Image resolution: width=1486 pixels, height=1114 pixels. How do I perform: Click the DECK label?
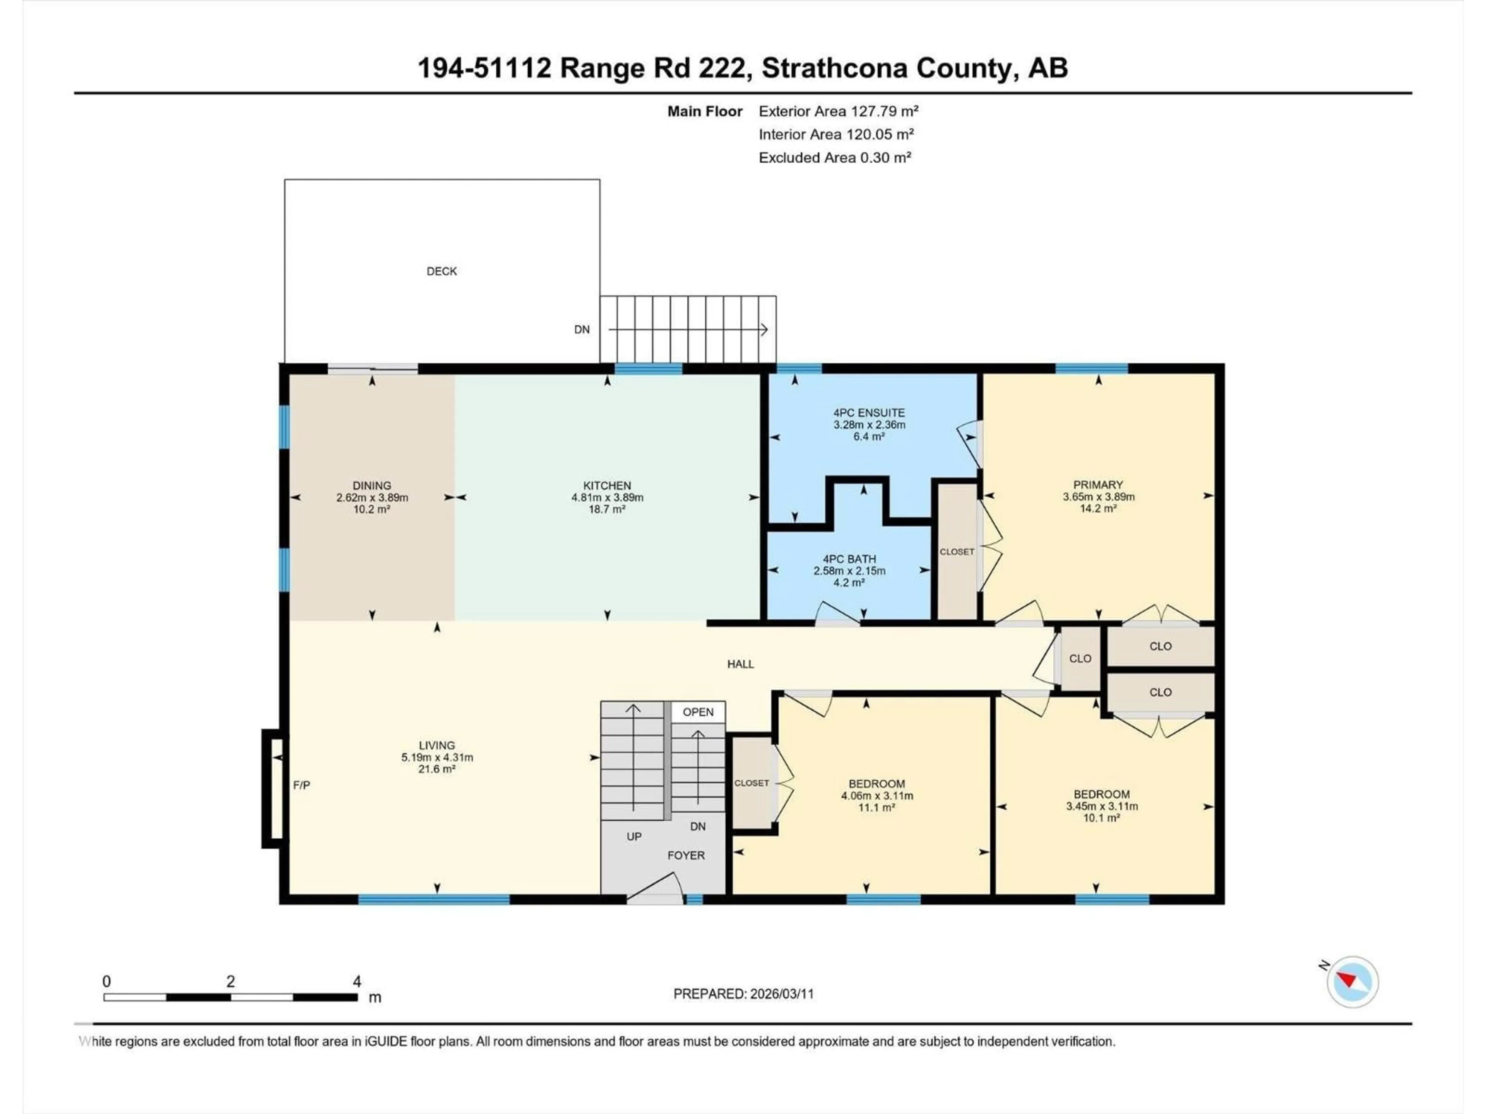pos(442,271)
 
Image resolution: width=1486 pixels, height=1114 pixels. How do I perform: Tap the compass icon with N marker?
pos(1352,982)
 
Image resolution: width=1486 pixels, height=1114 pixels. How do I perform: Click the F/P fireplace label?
pos(301,785)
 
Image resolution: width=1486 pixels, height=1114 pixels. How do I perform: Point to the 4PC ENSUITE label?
pos(869,413)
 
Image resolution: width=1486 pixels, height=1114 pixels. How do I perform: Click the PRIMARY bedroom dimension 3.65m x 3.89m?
pos(1098,497)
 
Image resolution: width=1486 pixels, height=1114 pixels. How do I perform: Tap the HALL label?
pos(740,664)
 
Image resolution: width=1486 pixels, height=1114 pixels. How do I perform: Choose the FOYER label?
pos(685,856)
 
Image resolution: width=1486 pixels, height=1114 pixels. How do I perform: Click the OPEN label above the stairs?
pos(698,712)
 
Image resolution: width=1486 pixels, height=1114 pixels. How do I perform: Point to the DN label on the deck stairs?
pos(582,330)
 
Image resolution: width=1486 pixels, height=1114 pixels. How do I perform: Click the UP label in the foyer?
pos(633,837)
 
